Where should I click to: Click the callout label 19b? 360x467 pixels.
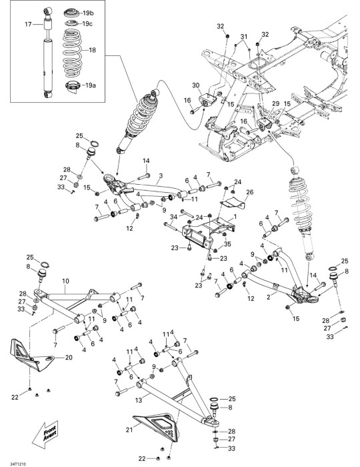[x=89, y=13]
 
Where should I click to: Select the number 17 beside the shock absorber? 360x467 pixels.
[x=28, y=24]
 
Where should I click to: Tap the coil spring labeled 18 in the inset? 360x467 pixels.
[x=73, y=53]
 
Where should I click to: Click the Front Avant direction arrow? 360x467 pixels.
[x=45, y=434]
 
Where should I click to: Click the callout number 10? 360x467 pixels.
[x=65, y=281]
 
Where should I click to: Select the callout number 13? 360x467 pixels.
[x=139, y=400]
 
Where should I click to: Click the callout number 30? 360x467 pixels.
[x=195, y=85]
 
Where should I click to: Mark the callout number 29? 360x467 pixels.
[x=276, y=103]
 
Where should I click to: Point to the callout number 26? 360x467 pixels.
[x=249, y=192]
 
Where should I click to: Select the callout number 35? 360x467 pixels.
[x=227, y=244]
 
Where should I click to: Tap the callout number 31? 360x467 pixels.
[x=244, y=37]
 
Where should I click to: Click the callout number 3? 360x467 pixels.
[x=161, y=175]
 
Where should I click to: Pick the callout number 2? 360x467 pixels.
[x=269, y=297]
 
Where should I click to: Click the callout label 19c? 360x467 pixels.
[x=87, y=24]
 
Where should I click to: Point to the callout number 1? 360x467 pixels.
[x=235, y=217]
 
